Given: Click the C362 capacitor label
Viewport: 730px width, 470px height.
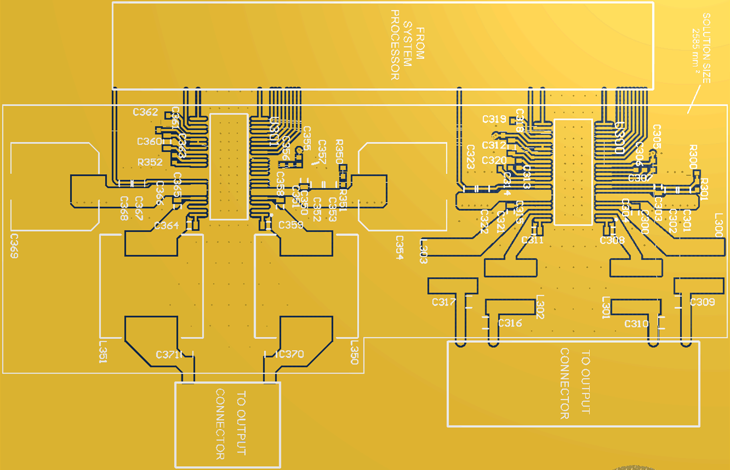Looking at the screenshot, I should pyautogui.click(x=145, y=112).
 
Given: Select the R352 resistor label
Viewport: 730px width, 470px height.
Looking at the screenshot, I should pyautogui.click(x=150, y=162).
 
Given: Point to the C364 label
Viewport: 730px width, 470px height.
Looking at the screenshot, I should pyautogui.click(x=167, y=226).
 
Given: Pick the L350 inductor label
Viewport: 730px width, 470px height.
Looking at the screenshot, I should pyautogui.click(x=354, y=351).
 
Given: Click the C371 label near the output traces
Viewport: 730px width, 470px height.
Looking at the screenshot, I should pyautogui.click(x=169, y=354).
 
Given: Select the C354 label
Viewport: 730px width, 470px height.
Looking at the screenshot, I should pyautogui.click(x=400, y=248).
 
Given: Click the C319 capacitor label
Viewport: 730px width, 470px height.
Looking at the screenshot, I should pyautogui.click(x=494, y=119).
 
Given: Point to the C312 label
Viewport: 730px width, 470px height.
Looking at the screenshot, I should pyautogui.click(x=494, y=145).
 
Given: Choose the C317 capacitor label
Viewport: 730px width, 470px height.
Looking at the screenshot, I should pyautogui.click(x=444, y=302).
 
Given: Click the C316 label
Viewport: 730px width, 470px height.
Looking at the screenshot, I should pyautogui.click(x=510, y=323).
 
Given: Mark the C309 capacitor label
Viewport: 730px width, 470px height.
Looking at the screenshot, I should pyautogui.click(x=702, y=302).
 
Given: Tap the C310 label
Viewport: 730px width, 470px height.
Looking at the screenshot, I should pyautogui.click(x=637, y=324).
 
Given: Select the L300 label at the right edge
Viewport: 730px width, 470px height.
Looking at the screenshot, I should pyautogui.click(x=719, y=225).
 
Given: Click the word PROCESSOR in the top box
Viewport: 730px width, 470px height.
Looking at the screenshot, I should pyautogui.click(x=395, y=45).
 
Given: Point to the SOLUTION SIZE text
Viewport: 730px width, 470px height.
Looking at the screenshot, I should pyautogui.click(x=706, y=48).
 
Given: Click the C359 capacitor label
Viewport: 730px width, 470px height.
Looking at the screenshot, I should pyautogui.click(x=291, y=225).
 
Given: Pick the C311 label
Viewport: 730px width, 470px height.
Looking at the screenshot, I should pyautogui.click(x=532, y=240).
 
